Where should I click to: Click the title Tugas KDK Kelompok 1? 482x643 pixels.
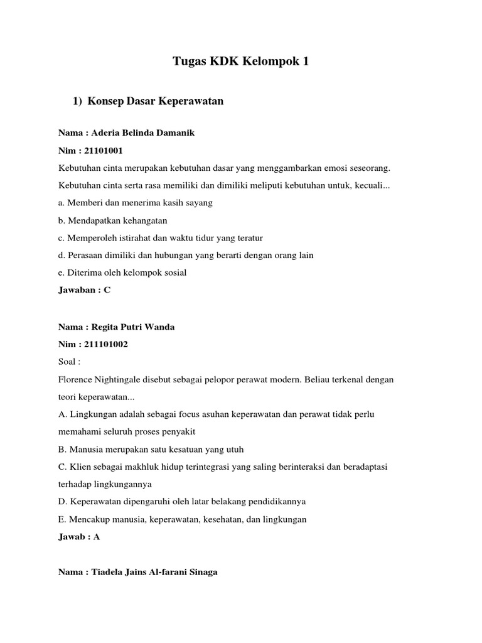click(241, 62)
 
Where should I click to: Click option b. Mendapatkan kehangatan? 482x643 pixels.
click(113, 220)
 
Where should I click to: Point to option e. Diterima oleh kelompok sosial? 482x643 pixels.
click(122, 273)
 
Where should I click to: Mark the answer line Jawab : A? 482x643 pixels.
click(79, 536)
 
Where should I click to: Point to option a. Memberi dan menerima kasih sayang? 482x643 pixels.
click(136, 203)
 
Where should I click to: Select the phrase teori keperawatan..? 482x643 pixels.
click(97, 397)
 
